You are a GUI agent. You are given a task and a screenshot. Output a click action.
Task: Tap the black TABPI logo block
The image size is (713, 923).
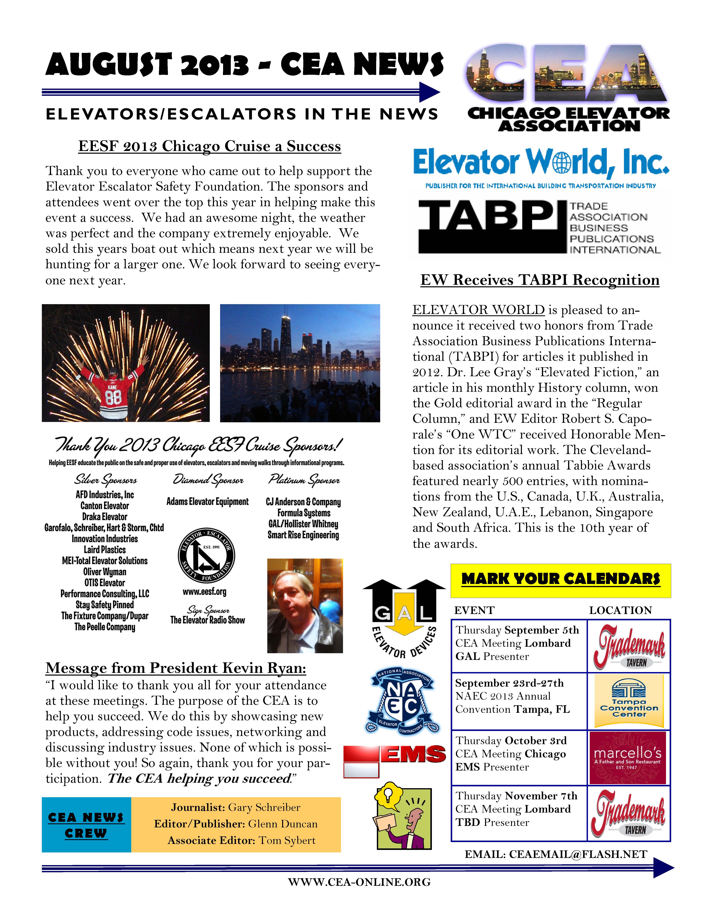coord(492,226)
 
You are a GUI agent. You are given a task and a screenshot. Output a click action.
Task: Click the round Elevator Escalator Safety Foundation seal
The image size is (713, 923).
coord(206,556)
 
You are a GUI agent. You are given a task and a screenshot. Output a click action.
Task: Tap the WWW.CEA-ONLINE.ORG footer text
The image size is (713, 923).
coord(359,882)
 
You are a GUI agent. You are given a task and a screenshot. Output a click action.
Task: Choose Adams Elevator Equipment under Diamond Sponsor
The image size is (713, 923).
coord(207,502)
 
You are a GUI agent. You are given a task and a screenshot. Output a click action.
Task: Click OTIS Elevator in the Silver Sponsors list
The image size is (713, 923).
coord(105,583)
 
